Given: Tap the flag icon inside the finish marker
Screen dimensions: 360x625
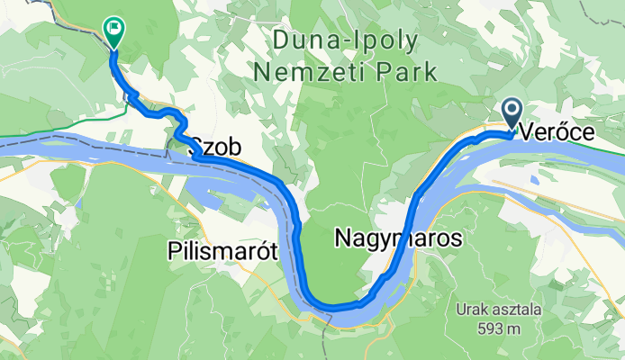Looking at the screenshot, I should tap(113, 29).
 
